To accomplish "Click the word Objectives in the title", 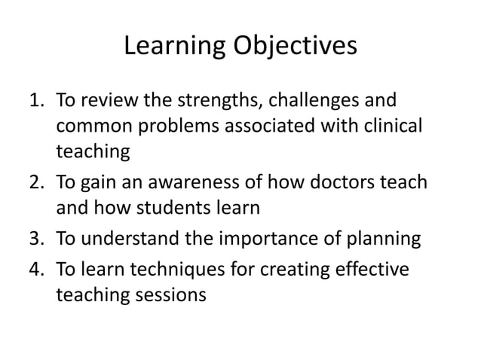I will point(295,47).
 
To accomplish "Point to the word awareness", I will point(198,184).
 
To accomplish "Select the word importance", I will point(264,239).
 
